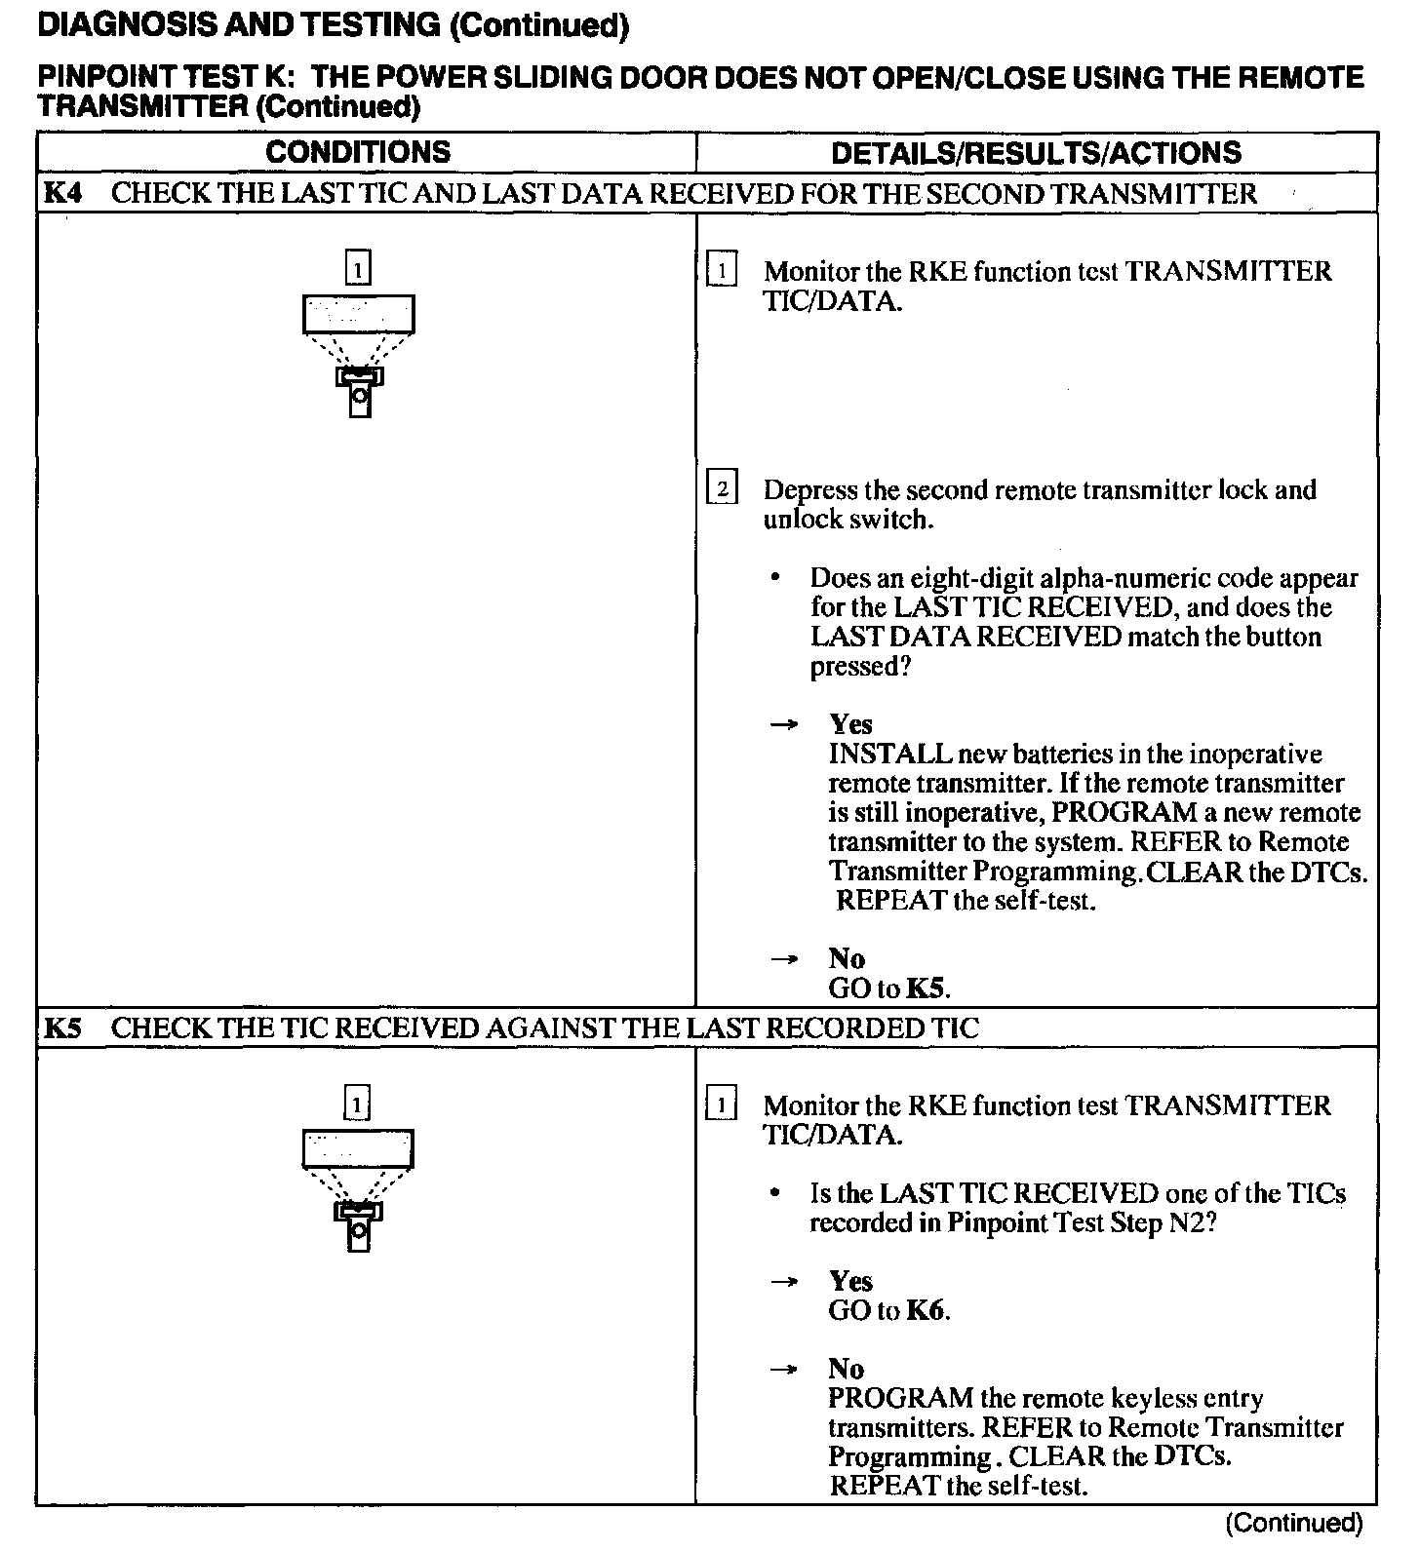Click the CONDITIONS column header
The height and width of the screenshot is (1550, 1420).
[358, 152]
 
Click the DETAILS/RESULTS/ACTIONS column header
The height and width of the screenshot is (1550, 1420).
[1036, 153]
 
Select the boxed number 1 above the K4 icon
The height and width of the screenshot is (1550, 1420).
[359, 268]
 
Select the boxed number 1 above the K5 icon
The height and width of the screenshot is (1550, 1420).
[359, 1104]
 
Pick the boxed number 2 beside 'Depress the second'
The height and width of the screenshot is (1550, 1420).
[722, 487]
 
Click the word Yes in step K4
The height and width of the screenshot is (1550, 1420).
[850, 724]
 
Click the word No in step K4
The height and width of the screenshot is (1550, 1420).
[847, 958]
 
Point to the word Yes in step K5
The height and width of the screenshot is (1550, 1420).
[850, 1281]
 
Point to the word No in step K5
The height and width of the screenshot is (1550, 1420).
[847, 1369]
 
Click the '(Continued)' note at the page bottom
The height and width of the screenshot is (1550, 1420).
[1293, 1523]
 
